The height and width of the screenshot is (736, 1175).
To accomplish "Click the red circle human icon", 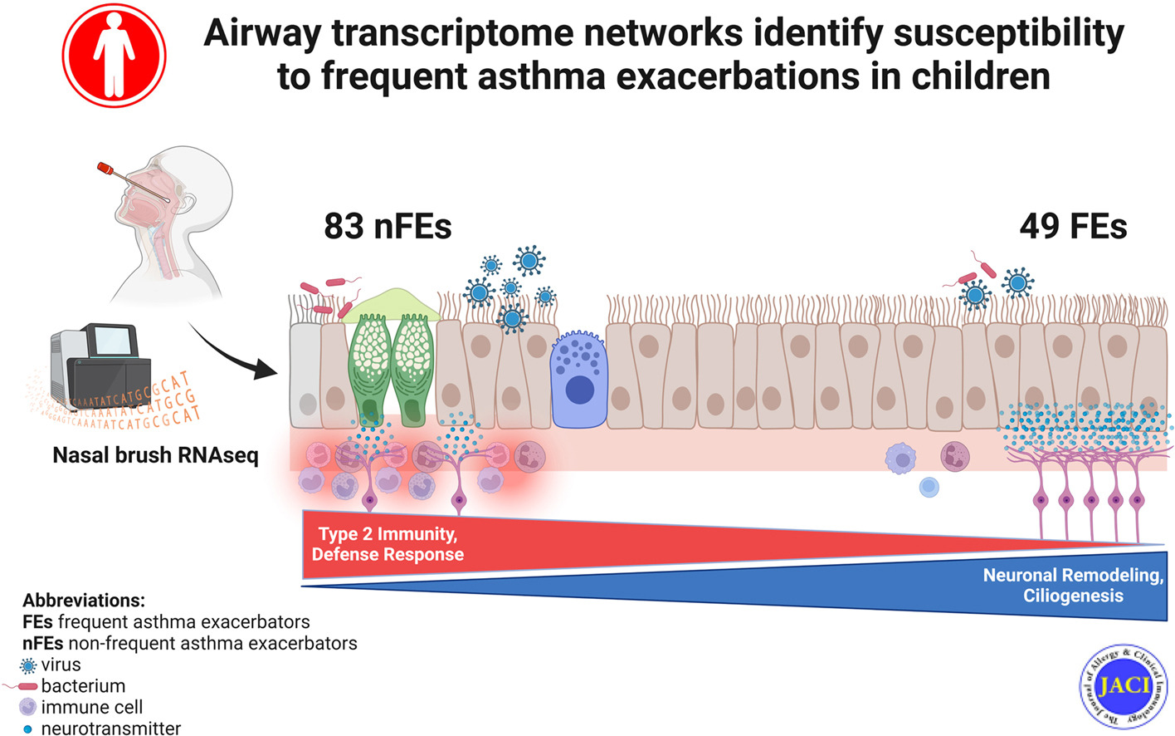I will coord(114,55).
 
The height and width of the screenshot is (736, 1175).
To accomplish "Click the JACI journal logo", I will coord(1124,686).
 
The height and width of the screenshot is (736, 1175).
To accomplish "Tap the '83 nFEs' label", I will coord(388,226).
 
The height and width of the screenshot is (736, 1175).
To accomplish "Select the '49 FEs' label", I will coord(1073,226).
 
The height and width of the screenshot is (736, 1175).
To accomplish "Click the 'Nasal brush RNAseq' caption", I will coord(155,455).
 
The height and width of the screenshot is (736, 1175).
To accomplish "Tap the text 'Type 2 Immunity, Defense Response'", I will coord(388,544).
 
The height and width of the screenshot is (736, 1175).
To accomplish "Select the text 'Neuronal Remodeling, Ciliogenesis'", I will coord(1073,585).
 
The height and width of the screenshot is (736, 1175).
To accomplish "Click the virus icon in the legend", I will coord(28,665).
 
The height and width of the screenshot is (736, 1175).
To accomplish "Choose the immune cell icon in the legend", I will coord(28,707).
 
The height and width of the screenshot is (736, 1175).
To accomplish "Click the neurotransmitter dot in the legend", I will coord(27,729).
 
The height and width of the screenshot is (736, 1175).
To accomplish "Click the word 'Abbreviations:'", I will coord(83,600).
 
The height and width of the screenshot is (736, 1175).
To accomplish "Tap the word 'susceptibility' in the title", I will coord(1008,33).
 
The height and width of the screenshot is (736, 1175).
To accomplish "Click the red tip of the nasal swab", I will coord(105,169).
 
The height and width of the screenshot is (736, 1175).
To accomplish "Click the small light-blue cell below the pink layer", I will coord(929,488).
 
